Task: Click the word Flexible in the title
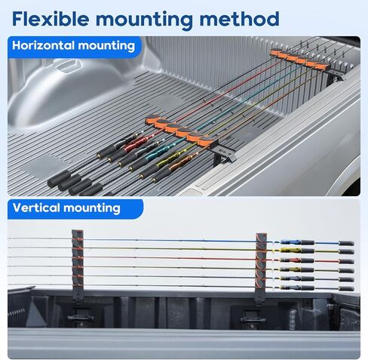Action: pos(51,19)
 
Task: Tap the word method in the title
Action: pos(240,19)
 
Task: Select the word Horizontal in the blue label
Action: pos(43,45)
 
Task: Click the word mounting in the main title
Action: pos(144,21)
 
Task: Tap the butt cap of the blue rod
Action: pos(346,243)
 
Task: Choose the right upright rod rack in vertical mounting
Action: pos(262,267)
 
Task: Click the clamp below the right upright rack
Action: pos(252,318)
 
